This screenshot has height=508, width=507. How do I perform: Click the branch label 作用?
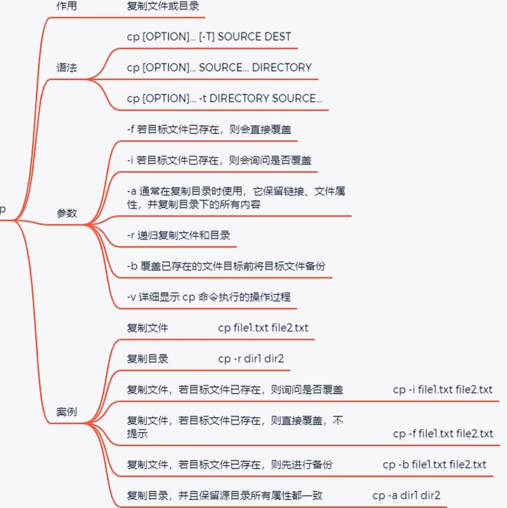[67, 6]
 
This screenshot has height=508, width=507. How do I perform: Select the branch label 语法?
[67, 68]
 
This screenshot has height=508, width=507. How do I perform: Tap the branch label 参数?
[67, 213]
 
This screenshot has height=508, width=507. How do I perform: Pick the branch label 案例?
[67, 412]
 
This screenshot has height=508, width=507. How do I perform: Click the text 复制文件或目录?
[163, 6]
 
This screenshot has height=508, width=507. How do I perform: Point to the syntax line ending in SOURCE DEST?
[209, 36]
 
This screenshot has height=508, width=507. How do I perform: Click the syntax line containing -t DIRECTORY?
[224, 98]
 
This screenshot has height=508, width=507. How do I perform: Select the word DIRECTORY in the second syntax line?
[282, 67]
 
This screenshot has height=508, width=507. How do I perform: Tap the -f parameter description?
[209, 129]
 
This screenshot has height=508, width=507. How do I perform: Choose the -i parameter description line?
[219, 160]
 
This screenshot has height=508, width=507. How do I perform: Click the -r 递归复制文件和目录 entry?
[179, 235]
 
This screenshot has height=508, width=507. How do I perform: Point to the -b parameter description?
[226, 266]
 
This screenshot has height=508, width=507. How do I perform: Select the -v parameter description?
[209, 297]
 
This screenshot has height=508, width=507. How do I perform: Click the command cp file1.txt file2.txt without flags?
[263, 328]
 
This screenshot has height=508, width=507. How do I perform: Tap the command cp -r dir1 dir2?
[251, 359]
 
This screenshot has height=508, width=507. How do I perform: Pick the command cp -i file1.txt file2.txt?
[443, 390]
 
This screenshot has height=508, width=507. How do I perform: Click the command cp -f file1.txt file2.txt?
[443, 434]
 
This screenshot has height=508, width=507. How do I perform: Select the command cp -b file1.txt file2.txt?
[434, 464]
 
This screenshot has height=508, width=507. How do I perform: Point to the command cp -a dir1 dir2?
[406, 495]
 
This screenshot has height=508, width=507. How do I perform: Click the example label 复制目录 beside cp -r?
[147, 359]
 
